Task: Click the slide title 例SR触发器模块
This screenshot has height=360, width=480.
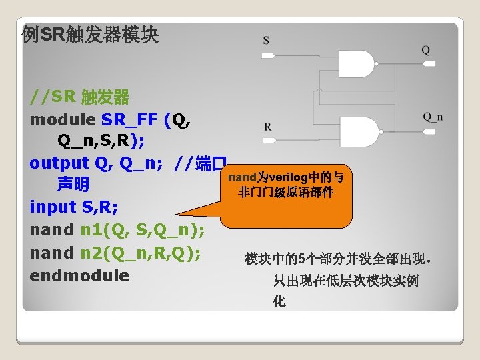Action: point(90,35)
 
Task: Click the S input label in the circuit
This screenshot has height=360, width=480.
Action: point(267,41)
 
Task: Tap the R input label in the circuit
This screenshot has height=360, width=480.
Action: point(267,126)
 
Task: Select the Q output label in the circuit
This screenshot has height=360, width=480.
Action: point(425,50)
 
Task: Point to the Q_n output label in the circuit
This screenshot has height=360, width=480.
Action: point(433,118)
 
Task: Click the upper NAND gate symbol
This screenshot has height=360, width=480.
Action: point(357,64)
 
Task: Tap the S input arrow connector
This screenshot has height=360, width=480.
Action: point(268,56)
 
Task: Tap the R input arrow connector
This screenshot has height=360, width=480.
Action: point(268,141)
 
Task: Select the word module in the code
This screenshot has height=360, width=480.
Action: point(63,120)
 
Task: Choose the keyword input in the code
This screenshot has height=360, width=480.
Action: point(53,207)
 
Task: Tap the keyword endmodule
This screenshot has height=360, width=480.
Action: point(79,275)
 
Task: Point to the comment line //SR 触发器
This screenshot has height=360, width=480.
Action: point(79,97)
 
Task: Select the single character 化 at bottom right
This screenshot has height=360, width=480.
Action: point(279,301)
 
